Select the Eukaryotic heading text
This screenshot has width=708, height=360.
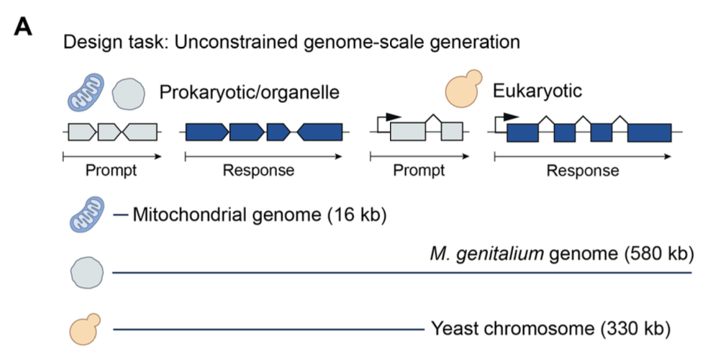(x=537, y=91)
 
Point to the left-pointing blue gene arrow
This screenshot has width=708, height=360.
(x=320, y=132)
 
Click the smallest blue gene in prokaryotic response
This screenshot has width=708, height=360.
(x=278, y=132)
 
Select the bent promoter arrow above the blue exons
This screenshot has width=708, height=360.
(x=509, y=117)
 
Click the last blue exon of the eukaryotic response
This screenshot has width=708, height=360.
(x=649, y=133)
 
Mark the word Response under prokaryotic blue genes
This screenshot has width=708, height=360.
(x=258, y=171)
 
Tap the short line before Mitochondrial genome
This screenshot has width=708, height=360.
(x=120, y=215)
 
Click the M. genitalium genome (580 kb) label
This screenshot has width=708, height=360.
(x=560, y=253)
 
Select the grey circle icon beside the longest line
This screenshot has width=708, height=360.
(x=85, y=273)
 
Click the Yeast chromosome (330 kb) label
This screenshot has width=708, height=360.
(x=550, y=329)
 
